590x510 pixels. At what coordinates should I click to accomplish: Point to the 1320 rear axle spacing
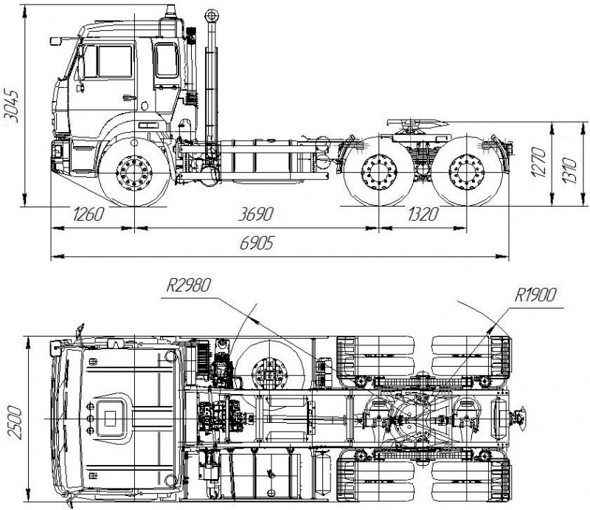click(x=423, y=215)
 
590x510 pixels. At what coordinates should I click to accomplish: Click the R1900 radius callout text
click(x=536, y=296)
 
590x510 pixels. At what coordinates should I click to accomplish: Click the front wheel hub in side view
click(x=134, y=176)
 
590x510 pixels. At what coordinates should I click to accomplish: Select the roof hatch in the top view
click(x=109, y=417)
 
